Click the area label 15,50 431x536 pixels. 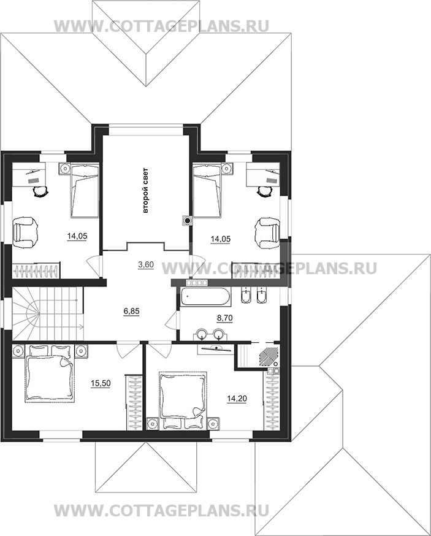point(101,383)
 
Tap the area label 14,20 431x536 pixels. point(237,398)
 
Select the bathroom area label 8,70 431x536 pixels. point(225,318)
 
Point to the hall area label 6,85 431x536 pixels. point(132,311)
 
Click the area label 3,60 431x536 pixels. point(146,264)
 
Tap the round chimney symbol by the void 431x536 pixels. point(186,221)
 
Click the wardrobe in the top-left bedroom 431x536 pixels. point(36,270)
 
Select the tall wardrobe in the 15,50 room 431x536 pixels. point(134,402)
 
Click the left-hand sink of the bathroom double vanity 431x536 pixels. point(202,333)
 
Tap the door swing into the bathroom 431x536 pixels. point(172,320)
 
